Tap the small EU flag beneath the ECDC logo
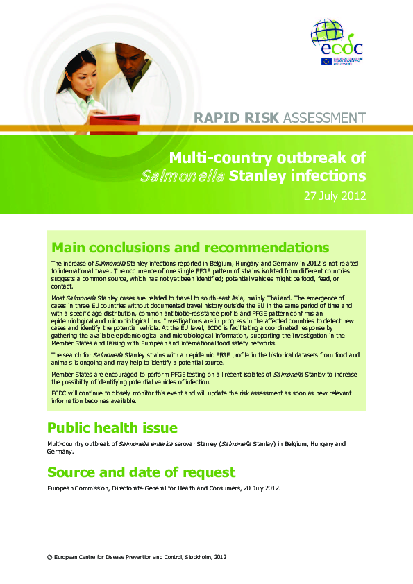[x=326, y=61]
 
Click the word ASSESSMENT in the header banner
[x=323, y=118]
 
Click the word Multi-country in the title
[x=224, y=157]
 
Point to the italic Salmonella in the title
[x=183, y=175]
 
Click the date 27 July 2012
[x=335, y=196]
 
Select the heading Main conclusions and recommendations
[x=190, y=248]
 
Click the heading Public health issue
[x=112, y=427]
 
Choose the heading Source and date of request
[x=141, y=473]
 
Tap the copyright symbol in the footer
[x=49, y=556]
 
